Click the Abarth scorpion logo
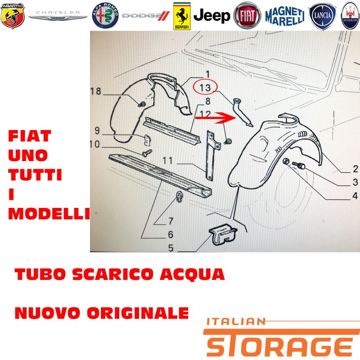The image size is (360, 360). tap(13, 16)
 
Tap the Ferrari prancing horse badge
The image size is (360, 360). tap(182, 16)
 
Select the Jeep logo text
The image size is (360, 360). tap(211, 16)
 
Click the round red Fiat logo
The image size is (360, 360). tap(247, 16)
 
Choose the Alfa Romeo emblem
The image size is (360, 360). tap(105, 16)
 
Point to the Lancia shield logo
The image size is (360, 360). tap(322, 16)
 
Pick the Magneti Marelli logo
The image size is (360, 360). tap(285, 16)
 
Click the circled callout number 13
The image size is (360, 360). tap(205, 88)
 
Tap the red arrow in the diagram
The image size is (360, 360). tap(216, 118)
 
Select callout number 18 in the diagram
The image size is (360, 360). tap(95, 91)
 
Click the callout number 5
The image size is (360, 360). tap(171, 248)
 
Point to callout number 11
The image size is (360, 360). tap(167, 161)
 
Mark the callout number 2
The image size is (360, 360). tap(355, 169)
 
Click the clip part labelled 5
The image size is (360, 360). tap(223, 234)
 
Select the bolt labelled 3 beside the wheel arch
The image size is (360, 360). tap(298, 165)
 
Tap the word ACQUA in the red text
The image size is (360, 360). tap(192, 274)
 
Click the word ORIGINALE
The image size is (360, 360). tap(138, 313)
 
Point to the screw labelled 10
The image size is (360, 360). tap(147, 153)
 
